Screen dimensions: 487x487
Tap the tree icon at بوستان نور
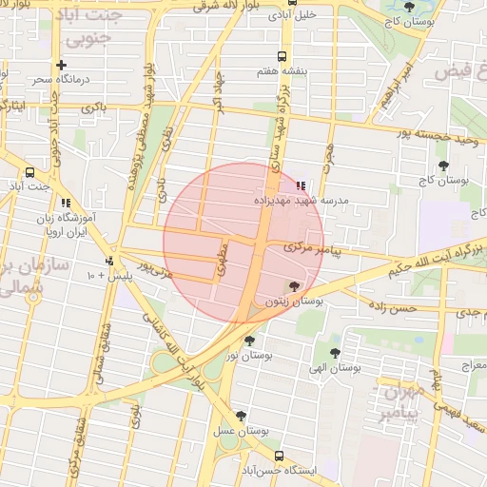pyautogui.click(x=250, y=341)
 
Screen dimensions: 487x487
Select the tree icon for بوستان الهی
pyautogui.click(x=334, y=353)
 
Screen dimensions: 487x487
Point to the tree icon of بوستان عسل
pyautogui.click(x=241, y=416)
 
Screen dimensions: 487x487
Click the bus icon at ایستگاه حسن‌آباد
pyautogui.click(x=280, y=456)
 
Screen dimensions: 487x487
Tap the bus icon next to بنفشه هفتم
pyautogui.click(x=280, y=56)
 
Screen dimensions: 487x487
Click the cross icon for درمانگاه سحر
pyautogui.click(x=62, y=65)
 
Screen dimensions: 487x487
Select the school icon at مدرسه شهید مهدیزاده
pyautogui.click(x=302, y=186)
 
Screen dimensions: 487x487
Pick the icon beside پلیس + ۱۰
pyautogui.click(x=109, y=261)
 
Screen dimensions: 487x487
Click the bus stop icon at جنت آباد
pyautogui.click(x=30, y=173)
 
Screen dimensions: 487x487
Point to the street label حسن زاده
pyautogui.click(x=393, y=307)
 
